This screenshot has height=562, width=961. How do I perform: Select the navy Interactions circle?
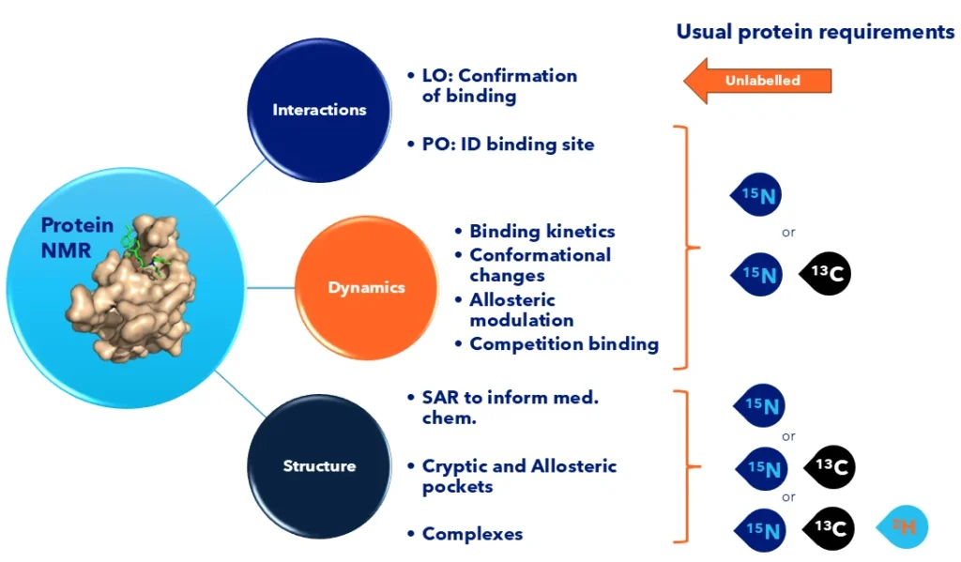pos(319,110)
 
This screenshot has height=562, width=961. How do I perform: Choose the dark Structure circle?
pos(319,465)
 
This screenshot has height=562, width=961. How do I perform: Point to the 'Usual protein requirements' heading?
pos(815,32)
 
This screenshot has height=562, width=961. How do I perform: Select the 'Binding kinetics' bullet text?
pos(542,231)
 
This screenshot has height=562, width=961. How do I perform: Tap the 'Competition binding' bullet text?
pos(563,343)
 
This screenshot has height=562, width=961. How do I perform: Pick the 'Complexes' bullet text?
pos(472,534)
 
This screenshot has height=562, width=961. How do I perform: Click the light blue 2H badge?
pos(902,529)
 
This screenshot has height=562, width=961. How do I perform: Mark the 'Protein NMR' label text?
pos(77,236)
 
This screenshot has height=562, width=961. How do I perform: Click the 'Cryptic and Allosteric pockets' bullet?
pos(518,476)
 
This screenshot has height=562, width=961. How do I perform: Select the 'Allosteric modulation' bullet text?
pos(522,310)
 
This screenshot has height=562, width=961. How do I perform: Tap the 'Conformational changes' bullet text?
pos(540,265)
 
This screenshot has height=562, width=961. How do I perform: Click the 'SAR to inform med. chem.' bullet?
pos(510,407)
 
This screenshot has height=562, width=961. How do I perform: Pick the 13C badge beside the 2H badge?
pos(829,529)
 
